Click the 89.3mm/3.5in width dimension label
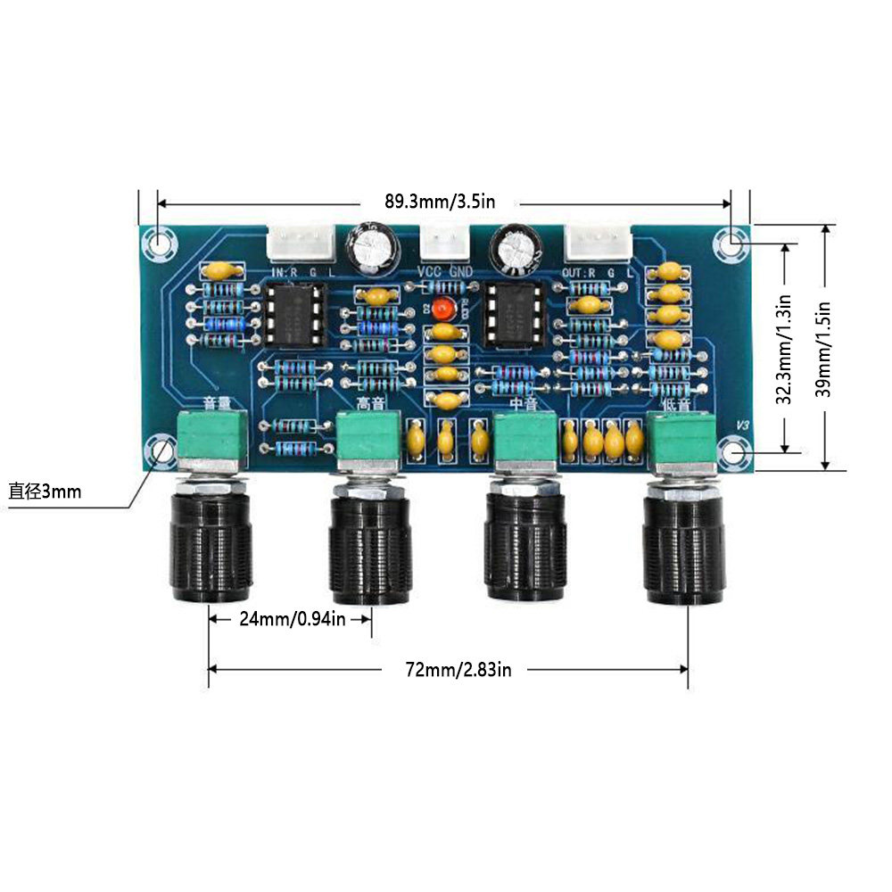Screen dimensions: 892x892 tap(439, 202)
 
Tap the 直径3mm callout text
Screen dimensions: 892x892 tap(45, 491)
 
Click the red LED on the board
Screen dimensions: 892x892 tap(441, 308)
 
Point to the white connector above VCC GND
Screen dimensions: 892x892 tap(442, 242)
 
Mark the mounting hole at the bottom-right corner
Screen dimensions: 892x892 tap(735, 453)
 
